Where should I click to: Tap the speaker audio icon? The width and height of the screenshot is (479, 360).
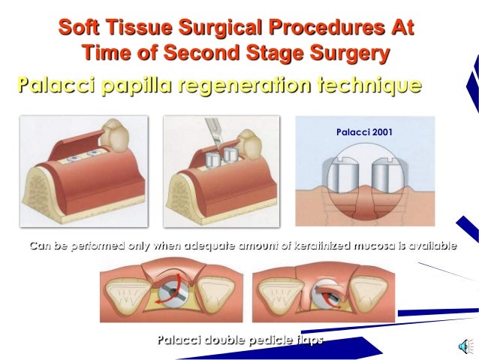(465, 345)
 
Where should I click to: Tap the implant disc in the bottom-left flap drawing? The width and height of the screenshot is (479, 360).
(179, 297)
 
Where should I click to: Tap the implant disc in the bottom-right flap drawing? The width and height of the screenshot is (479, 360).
(328, 295)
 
